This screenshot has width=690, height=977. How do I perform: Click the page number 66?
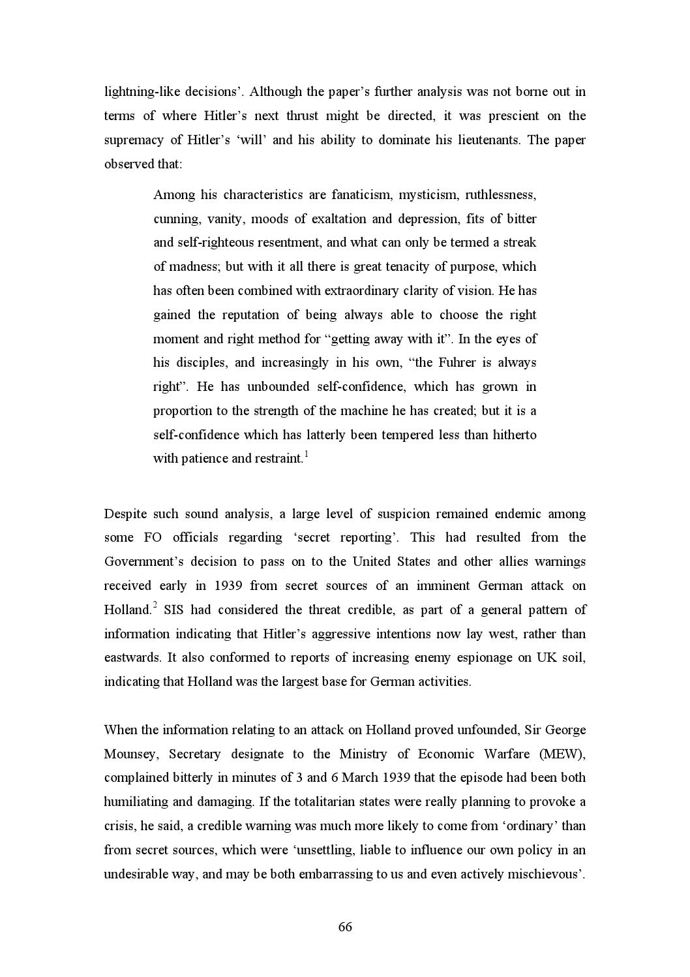pos(345,927)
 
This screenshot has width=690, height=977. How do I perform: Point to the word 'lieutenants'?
pos(483,140)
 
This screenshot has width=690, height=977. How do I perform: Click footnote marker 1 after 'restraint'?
pos(307,454)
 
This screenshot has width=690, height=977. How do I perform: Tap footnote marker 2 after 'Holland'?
pos(155,606)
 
